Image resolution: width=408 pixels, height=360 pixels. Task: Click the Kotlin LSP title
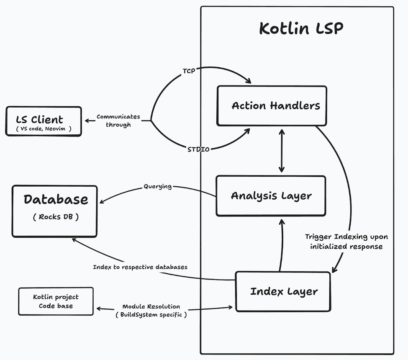(301, 29)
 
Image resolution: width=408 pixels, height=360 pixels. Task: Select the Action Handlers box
(272, 105)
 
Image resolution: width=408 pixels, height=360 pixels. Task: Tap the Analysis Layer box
(271, 195)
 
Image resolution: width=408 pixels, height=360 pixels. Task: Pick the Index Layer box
(284, 291)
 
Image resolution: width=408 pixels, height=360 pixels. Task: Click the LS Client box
(44, 121)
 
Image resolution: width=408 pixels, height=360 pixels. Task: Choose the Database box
(55, 211)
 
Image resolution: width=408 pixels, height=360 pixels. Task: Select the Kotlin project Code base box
(56, 301)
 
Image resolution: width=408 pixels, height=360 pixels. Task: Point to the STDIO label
(198, 149)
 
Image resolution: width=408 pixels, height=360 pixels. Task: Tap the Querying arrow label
(157, 186)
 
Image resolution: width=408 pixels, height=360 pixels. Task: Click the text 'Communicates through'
(118, 121)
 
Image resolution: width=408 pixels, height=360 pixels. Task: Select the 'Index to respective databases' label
(140, 267)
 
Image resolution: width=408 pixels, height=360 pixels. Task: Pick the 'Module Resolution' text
(151, 307)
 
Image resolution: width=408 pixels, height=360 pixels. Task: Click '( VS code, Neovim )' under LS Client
(44, 129)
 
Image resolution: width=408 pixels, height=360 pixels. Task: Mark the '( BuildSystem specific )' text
(151, 314)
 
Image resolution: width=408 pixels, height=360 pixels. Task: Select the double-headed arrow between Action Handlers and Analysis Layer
(281, 151)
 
